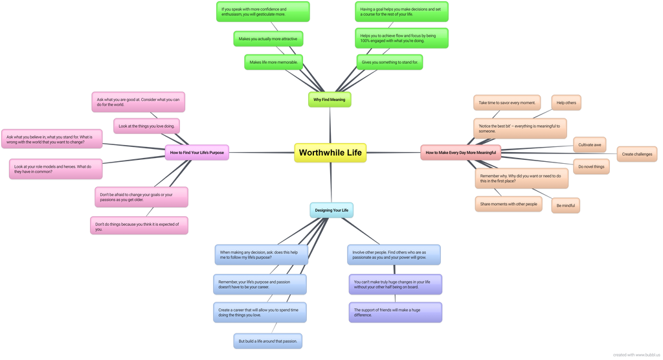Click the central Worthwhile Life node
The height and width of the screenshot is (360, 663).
coord(330,153)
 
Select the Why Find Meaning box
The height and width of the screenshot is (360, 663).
coord(330,100)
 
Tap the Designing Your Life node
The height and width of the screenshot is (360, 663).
coord(331,210)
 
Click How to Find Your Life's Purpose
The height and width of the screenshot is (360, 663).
coord(197,153)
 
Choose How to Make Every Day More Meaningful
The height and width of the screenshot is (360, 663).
coord(461,153)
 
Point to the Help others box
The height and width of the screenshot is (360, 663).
coord(566,103)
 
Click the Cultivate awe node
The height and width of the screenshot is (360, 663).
coord(589,144)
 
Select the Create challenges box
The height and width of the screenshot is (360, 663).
coord(637,154)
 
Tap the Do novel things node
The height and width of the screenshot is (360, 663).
coord(591,166)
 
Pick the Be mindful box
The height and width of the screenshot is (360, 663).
coord(566,206)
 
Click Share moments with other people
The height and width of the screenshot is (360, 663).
coord(509,204)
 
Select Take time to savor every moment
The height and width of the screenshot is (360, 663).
coord(507,103)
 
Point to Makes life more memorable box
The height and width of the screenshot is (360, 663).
coord(274,62)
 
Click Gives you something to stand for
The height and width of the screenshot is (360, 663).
coord(389,62)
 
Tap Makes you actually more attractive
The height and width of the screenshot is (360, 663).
coord(268,39)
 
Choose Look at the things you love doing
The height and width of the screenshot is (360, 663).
coord(147,126)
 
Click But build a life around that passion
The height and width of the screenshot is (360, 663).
coord(267,341)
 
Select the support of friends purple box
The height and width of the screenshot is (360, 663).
coord(396,312)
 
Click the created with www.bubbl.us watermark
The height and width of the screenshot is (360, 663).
coord(636,355)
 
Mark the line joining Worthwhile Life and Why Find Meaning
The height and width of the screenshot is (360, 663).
coord(330,125)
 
